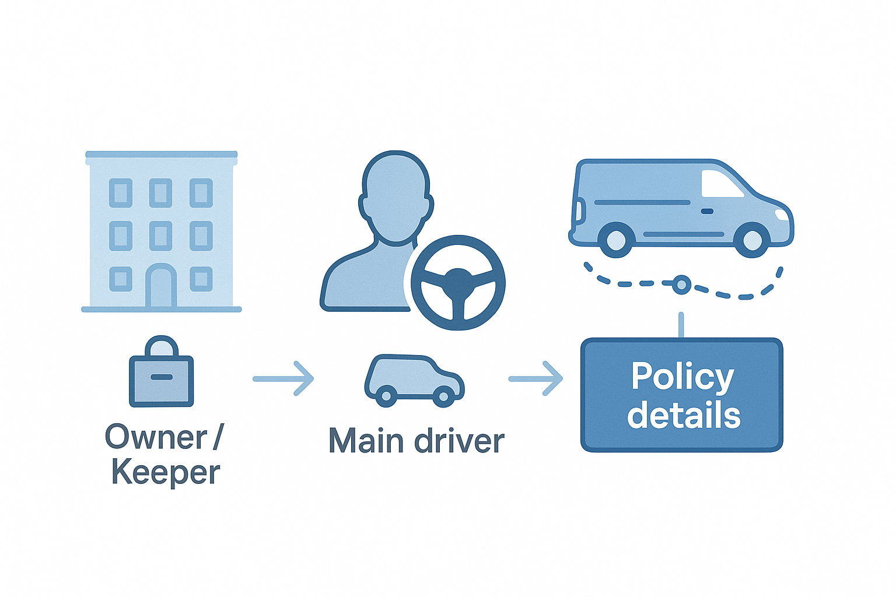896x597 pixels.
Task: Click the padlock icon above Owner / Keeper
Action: point(161,373)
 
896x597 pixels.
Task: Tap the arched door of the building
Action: point(161,287)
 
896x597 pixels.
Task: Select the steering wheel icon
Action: point(458,282)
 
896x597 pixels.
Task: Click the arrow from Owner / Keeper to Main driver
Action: point(283,379)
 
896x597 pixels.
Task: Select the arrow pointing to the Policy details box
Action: point(535,379)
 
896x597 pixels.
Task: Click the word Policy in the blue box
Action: point(682,378)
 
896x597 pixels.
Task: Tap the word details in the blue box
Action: point(684,415)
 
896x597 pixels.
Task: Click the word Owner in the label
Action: point(156,437)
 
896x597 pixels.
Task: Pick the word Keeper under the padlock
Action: point(166,472)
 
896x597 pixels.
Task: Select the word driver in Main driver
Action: point(459,441)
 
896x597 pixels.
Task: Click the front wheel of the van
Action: point(751,240)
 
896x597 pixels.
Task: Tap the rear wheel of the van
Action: point(616,240)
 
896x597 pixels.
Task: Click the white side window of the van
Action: point(721,184)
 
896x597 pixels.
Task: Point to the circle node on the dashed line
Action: point(681,285)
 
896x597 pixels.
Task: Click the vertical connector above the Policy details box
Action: point(681,325)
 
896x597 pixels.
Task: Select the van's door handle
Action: point(707,211)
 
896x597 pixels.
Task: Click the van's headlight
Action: point(780,215)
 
